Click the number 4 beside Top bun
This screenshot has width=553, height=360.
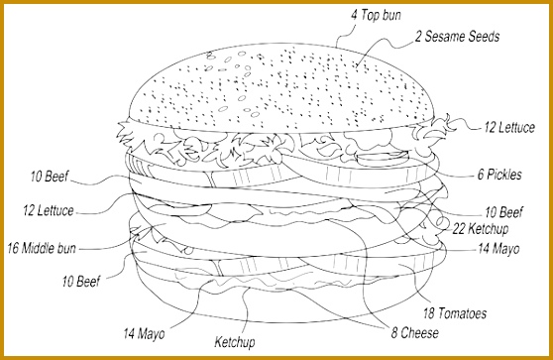coord(353,15)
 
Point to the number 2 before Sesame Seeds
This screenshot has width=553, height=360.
coord(418,38)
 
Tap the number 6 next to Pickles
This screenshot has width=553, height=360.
coord(480,176)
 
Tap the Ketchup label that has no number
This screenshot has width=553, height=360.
coord(235,343)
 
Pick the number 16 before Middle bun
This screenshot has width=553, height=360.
coord(13,248)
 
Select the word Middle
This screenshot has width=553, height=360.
coord(39,248)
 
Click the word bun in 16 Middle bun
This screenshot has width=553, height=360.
coord(68,248)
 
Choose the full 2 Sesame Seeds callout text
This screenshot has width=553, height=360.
coord(456,38)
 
